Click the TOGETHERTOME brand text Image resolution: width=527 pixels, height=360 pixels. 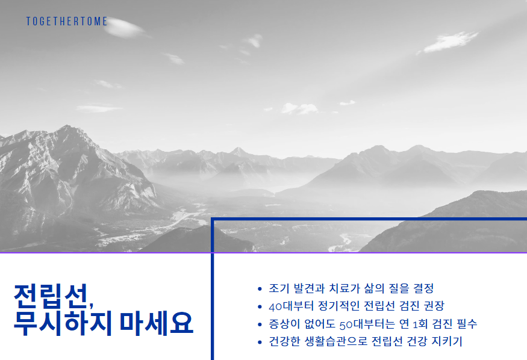pos(67,22)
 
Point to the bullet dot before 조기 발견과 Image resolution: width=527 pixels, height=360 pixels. pos(259,289)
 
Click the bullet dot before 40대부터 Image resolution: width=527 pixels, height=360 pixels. pos(259,306)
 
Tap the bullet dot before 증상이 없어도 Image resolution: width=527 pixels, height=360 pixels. pos(259,324)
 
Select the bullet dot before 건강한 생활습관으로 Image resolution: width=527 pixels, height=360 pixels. pos(259,342)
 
